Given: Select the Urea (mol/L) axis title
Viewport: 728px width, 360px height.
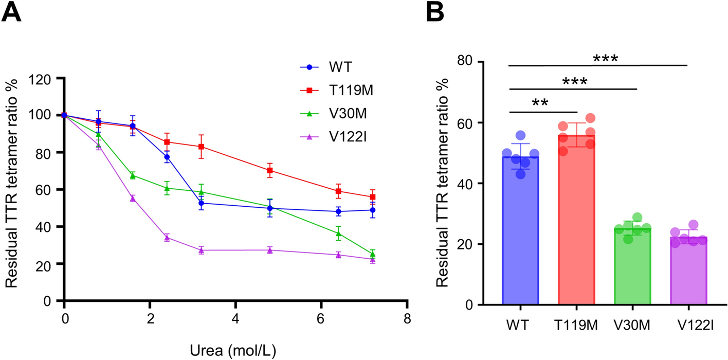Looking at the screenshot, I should [235, 351].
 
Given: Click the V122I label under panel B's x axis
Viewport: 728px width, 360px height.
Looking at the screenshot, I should [688, 325].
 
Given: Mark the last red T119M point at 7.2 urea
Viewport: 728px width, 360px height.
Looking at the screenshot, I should [372, 197].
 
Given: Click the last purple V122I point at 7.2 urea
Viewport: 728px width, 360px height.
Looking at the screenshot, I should [372, 259].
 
